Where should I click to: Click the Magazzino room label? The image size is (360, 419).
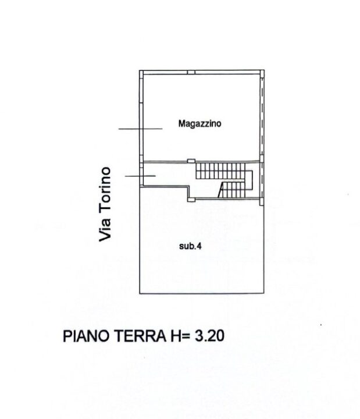coord(199,123)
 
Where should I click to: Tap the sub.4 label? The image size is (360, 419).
coord(190,246)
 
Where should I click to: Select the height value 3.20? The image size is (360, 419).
coord(209,336)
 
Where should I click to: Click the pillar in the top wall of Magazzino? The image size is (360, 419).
coord(191,72)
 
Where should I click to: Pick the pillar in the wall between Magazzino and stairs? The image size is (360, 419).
coord(191,161)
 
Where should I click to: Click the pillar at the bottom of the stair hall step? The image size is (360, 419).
coord(191,200)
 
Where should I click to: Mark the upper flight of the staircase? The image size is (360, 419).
coord(220,171)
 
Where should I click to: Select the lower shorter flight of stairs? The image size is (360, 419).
coord(232,190)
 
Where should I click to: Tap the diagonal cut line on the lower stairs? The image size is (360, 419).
coord(221,190)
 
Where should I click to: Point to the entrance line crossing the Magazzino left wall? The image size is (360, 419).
coord(141,129)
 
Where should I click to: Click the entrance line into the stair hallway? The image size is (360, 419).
coord(140,176)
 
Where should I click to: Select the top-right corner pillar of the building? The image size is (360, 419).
coord(262,74)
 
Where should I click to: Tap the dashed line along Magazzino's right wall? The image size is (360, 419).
coord(262,117)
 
